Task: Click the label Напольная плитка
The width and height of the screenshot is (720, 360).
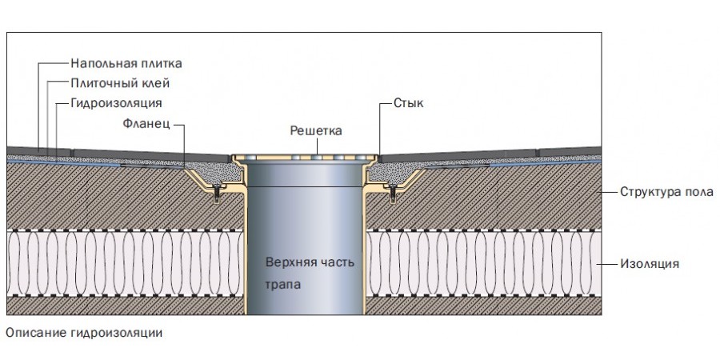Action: click(x=126, y=62)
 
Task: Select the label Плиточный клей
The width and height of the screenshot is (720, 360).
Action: click(x=120, y=83)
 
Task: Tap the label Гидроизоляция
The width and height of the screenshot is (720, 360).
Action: click(x=117, y=104)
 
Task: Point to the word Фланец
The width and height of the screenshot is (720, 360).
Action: click(x=147, y=124)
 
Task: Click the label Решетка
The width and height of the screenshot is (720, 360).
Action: click(x=316, y=130)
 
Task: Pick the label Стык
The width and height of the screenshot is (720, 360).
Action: click(x=408, y=104)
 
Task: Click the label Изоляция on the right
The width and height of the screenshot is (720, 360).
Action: click(x=650, y=262)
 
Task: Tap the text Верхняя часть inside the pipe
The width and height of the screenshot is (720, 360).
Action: click(x=309, y=262)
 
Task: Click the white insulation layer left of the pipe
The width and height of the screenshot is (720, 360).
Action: click(x=120, y=262)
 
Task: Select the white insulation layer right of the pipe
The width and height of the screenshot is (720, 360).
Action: click(x=480, y=262)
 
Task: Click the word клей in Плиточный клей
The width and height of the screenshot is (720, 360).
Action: click(x=157, y=83)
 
